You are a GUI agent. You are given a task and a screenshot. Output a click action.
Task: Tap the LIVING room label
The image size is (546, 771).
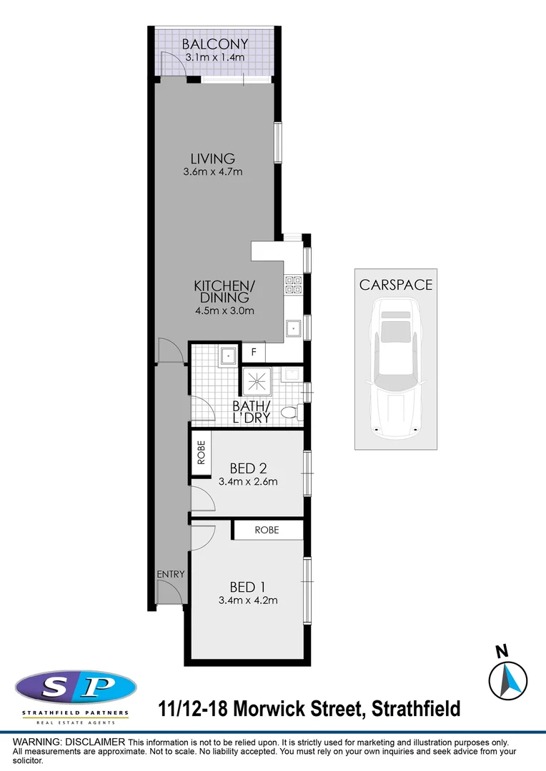tap(213, 158)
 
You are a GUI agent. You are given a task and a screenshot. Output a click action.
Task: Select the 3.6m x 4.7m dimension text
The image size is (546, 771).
tap(213, 172)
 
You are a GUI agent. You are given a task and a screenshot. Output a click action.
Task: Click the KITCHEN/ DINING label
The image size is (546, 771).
tap(224, 292)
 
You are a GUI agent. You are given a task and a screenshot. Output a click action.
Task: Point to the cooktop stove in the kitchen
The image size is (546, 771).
tap(293, 286)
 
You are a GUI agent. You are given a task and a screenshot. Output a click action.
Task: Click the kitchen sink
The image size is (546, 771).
tap(294, 329)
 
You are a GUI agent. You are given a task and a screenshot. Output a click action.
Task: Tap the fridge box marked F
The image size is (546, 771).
tap(253, 352)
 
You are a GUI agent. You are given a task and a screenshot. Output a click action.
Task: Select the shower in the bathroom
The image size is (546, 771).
tap(255, 381)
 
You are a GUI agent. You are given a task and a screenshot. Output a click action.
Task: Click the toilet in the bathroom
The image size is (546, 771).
tap(291, 413)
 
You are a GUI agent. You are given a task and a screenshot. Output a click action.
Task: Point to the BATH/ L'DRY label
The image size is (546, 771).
tap(252, 413)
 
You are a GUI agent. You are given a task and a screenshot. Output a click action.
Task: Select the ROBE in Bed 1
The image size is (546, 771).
tap(266, 530)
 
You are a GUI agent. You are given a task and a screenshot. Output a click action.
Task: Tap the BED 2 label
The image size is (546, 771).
tap(248, 468)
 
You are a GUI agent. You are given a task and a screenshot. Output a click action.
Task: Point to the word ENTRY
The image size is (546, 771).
tap(171, 574)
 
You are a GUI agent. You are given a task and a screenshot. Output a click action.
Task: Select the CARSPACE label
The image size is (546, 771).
tap(396, 284)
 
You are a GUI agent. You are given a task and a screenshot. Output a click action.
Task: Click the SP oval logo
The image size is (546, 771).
tap(76, 687)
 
